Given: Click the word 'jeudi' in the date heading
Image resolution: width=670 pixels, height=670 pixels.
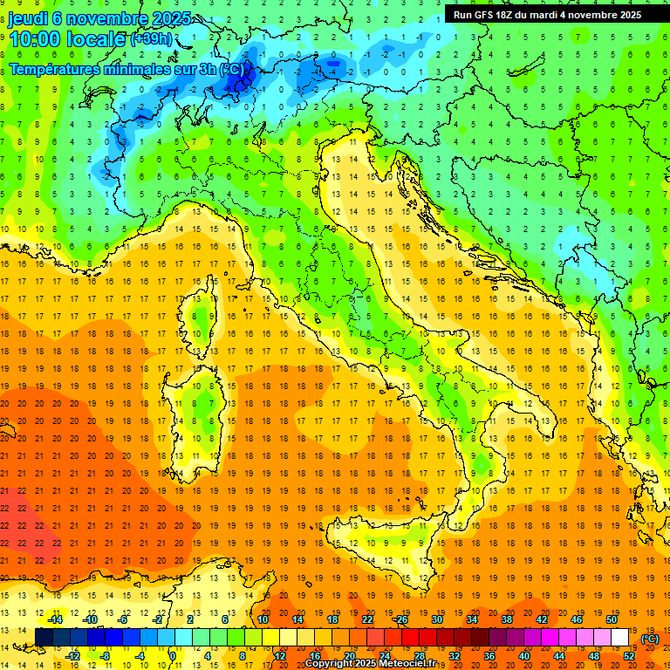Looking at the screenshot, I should point(28,18).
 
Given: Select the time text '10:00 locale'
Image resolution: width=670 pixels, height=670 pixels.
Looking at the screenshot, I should point(67,38).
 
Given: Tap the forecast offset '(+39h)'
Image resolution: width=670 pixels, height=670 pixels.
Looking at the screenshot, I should point(152,39).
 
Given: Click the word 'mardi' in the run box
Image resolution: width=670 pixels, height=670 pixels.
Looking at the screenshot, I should point(544,15).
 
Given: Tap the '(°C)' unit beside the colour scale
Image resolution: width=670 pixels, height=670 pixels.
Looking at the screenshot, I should point(649,639).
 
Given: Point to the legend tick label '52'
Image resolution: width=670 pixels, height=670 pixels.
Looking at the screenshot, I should point(629,656).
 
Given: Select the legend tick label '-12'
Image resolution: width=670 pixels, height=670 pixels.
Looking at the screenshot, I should point(72,656).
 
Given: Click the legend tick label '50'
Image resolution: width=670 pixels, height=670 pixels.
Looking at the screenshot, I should point(611,619).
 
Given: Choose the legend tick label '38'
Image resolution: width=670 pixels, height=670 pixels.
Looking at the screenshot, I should point(506,619).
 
